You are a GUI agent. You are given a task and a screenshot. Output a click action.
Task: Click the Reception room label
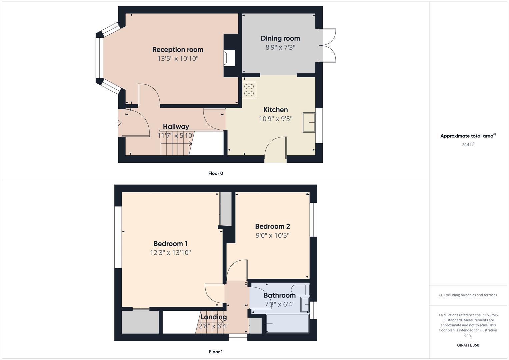click(178, 50)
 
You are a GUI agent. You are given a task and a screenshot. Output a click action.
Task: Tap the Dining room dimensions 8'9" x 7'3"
click(280, 47)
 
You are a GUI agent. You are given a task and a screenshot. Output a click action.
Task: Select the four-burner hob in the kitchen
click(249, 90)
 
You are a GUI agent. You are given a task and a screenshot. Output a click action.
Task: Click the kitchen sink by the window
click(309, 122)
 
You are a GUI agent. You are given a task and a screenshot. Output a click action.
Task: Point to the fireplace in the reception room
click(229, 58)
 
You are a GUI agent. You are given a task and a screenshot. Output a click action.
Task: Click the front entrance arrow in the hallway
click(119, 123)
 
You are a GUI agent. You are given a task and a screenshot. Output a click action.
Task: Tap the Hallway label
click(176, 127)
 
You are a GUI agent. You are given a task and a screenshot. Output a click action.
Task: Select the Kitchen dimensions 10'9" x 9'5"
click(276, 119)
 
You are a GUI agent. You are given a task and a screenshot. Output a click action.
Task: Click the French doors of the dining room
click(328, 45)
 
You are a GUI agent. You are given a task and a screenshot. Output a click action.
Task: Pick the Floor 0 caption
click(216, 173)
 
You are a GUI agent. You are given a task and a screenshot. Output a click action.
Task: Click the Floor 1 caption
click(216, 352)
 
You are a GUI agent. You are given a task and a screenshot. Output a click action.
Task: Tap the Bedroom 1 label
click(170, 244)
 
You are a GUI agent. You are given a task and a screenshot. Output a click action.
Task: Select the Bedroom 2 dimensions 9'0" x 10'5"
click(272, 235)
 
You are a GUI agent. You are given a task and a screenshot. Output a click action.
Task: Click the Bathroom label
click(279, 295)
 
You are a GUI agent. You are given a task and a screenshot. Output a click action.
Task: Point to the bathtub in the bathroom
click(287, 323)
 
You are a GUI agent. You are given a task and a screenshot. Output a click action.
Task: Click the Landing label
click(213, 317)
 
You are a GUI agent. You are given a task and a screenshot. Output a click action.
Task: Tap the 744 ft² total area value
click(468, 145)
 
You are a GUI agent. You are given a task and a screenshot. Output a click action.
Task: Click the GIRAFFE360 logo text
click(468, 345)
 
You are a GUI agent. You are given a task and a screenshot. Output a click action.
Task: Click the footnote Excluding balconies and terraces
click(468, 295)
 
